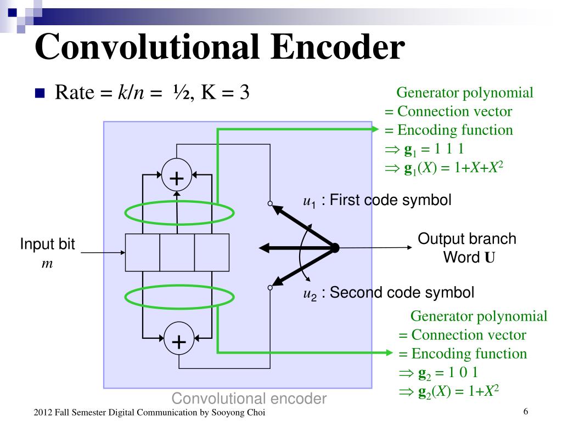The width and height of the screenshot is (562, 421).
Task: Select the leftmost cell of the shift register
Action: [143, 252]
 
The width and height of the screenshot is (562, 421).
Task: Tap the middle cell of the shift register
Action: [177, 252]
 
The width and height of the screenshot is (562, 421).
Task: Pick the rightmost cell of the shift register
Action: [212, 252]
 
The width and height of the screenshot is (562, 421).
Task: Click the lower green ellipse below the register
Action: [179, 297]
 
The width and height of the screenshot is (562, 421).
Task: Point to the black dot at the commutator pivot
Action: [335, 248]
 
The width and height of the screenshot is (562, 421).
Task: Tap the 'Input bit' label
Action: [48, 244]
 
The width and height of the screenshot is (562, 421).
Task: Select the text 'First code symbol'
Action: [390, 200]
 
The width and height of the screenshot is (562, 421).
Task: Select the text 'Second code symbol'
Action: [402, 292]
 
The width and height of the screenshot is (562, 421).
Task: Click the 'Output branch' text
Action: [467, 239]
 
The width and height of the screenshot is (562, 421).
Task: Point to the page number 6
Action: [525, 412]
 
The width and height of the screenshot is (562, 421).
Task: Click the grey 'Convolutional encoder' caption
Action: [250, 399]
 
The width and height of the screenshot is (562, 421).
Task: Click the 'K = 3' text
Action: [226, 93]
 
